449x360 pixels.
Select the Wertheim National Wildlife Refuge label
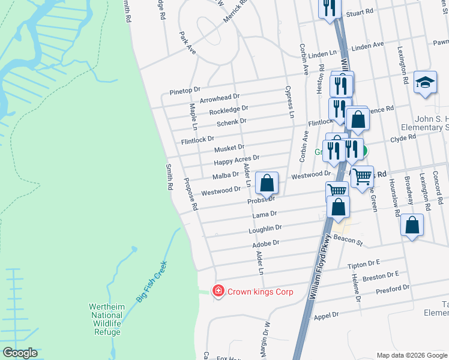pyautogui.click(x=107, y=319)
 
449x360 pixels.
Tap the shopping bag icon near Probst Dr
pyautogui.click(x=267, y=182)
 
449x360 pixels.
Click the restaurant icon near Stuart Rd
pyautogui.click(x=329, y=8)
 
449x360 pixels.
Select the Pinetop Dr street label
pyautogui.click(x=184, y=90)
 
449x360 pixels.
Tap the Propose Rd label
pyautogui.click(x=191, y=194)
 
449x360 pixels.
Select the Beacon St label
pyautogui.click(x=352, y=242)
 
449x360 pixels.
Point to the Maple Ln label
pyautogui.click(x=193, y=116)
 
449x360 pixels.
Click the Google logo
pyautogui.click(x=20, y=353)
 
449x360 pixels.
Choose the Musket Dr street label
pyautogui.click(x=229, y=147)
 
